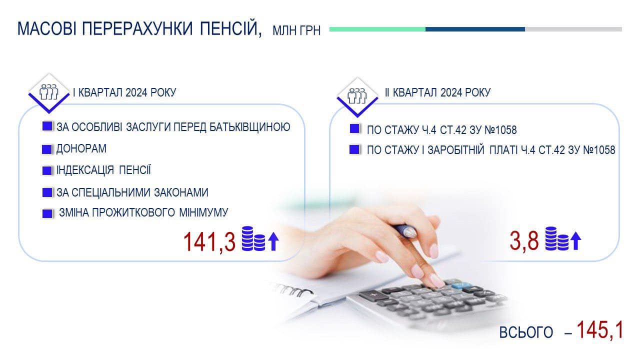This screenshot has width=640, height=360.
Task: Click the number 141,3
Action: coord(209,242)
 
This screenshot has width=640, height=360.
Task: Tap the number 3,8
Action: coord(524,241)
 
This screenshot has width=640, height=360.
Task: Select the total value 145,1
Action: coord(599,330)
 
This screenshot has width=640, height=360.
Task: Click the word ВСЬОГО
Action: coord(526,332)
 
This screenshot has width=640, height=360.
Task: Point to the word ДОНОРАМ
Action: coord(81,148)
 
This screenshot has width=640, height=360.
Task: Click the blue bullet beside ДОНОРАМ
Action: coord(47,149)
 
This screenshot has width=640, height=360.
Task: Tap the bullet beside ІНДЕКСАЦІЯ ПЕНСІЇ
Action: coord(47,170)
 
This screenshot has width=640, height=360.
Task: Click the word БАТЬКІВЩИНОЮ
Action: coord(249,127)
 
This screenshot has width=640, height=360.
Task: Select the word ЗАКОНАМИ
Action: coord(181,192)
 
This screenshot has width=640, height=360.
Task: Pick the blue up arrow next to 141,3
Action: coord(273,241)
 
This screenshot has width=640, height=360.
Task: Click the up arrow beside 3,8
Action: coord(575,240)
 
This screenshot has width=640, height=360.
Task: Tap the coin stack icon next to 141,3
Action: coord(253,238)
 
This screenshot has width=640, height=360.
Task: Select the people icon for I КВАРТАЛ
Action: coord(49,92)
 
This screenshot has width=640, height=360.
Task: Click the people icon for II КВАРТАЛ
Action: coord(357,95)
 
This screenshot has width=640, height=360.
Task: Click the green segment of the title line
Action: coord(377,29)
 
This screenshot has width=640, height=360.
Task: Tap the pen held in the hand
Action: coord(405,230)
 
